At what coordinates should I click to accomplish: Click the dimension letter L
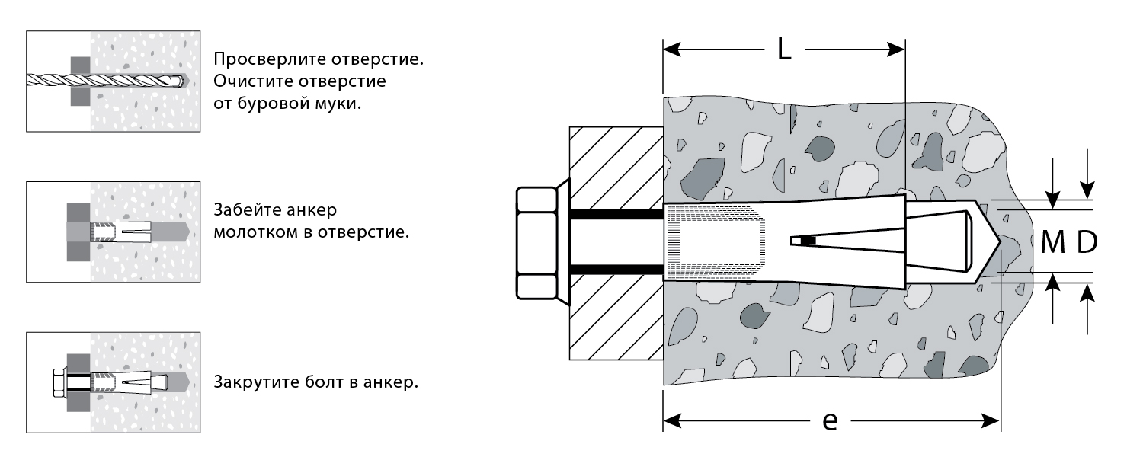tap(783, 50)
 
